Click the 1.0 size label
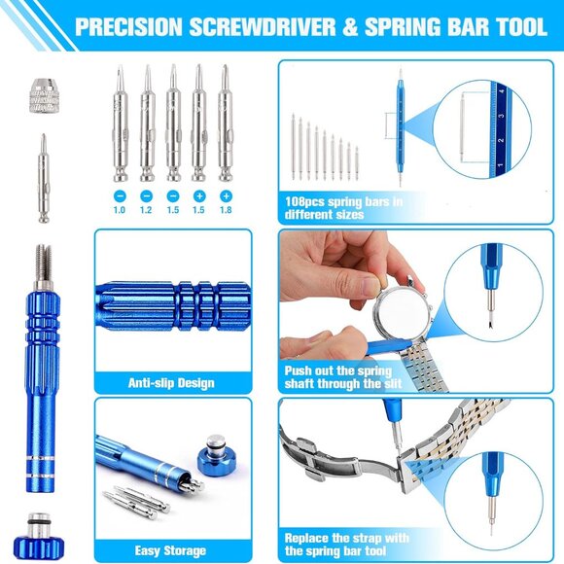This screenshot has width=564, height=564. (x=119, y=210)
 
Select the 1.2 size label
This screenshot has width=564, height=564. (x=146, y=210)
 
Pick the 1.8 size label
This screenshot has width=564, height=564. (x=226, y=210)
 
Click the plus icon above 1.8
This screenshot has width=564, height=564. (x=226, y=196)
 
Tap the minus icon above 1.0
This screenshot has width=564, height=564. (x=120, y=196)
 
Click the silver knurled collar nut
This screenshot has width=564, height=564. (x=44, y=95)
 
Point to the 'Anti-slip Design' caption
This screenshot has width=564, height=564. (x=171, y=383)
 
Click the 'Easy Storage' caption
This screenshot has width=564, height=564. (x=170, y=550)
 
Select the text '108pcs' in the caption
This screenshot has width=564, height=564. (x=305, y=201)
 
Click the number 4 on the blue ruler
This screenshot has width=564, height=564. (x=502, y=91)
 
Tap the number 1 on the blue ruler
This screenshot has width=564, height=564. (x=500, y=165)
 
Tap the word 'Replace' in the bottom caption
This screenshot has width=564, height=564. (x=306, y=538)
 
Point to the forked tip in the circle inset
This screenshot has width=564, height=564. (x=490, y=326)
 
